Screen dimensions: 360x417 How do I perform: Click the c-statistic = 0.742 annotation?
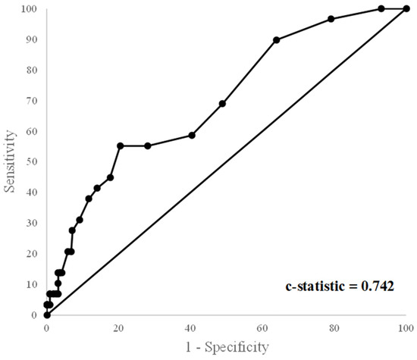pos(339,286)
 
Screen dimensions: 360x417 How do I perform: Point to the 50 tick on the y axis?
pos(31,162)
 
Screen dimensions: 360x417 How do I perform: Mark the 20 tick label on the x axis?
pos(119,328)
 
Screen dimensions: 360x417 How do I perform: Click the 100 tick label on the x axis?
pos(406,328)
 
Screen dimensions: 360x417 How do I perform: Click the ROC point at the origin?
pos(47,315)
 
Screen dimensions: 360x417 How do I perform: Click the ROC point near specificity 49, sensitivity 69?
pos(222,104)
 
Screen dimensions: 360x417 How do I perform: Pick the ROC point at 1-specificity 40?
pos(192,135)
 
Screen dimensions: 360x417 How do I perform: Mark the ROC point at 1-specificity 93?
pos(381,9)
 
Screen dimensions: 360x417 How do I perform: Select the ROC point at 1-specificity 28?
pos(148,146)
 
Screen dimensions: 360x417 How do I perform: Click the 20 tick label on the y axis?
pos(31,254)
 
